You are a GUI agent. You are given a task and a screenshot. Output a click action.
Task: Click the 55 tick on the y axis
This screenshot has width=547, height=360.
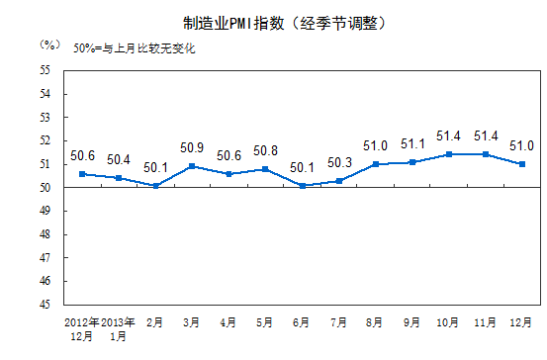46,70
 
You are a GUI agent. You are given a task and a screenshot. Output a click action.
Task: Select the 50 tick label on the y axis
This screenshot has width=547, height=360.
46,188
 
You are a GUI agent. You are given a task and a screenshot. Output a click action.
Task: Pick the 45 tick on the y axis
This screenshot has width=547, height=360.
46,305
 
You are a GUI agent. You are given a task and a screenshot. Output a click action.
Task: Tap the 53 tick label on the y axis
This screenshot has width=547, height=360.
46,118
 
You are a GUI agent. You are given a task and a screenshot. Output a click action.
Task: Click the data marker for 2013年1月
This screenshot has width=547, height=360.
120,178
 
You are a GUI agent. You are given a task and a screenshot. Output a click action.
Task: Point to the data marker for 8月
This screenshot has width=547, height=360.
375,164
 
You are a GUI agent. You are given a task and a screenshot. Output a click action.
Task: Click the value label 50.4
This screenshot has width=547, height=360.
120,159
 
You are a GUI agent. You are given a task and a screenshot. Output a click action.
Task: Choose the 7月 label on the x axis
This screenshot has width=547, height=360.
339,322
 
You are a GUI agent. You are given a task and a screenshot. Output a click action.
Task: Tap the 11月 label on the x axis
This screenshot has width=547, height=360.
485,322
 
